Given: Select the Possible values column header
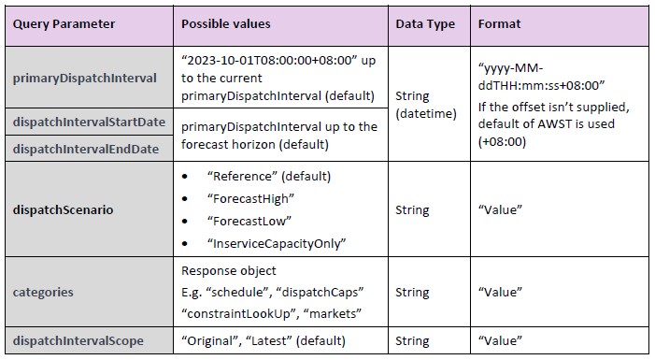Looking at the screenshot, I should [225, 23].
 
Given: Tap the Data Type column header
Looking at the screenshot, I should [426, 23].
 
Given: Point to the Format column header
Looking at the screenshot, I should [501, 23].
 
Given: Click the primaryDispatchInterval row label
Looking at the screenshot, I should [85, 78].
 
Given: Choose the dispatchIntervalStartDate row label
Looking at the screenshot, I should [88, 122].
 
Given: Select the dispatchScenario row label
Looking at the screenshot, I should [63, 209].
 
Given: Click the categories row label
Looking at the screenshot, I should [43, 292].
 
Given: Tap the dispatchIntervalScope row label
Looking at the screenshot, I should [78, 340].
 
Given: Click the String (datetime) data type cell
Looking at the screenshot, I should [426, 104].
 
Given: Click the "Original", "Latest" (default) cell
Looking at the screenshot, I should [263, 340].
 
